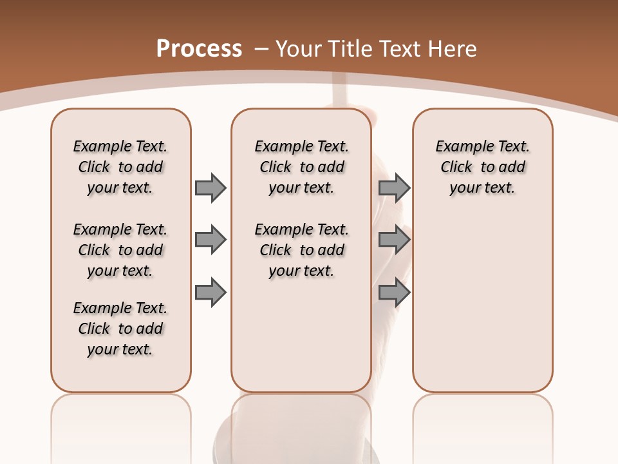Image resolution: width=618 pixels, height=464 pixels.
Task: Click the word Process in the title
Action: [x=199, y=49]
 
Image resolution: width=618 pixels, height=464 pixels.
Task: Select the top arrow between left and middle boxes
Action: [x=211, y=188]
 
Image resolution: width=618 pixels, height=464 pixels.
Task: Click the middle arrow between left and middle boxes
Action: [x=211, y=240]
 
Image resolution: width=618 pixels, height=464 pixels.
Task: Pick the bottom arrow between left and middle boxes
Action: [x=211, y=293]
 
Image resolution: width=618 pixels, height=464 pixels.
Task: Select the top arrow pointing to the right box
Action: [x=394, y=188]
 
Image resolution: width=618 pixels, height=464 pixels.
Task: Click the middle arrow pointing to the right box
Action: [x=394, y=240]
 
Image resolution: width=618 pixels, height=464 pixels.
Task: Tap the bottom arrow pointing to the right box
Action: [x=394, y=293]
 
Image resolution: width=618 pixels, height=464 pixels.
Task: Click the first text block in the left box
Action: [x=120, y=167]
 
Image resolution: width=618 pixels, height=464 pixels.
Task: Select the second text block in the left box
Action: [x=120, y=250]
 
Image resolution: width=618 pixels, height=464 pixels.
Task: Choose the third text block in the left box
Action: [x=120, y=329]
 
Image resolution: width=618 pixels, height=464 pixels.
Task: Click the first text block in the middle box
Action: [x=301, y=167]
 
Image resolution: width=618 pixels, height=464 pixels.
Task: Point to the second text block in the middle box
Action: [x=301, y=250]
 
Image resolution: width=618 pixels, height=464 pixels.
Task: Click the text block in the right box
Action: [x=482, y=167]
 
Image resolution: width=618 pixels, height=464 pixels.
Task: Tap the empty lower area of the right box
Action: [x=482, y=303]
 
